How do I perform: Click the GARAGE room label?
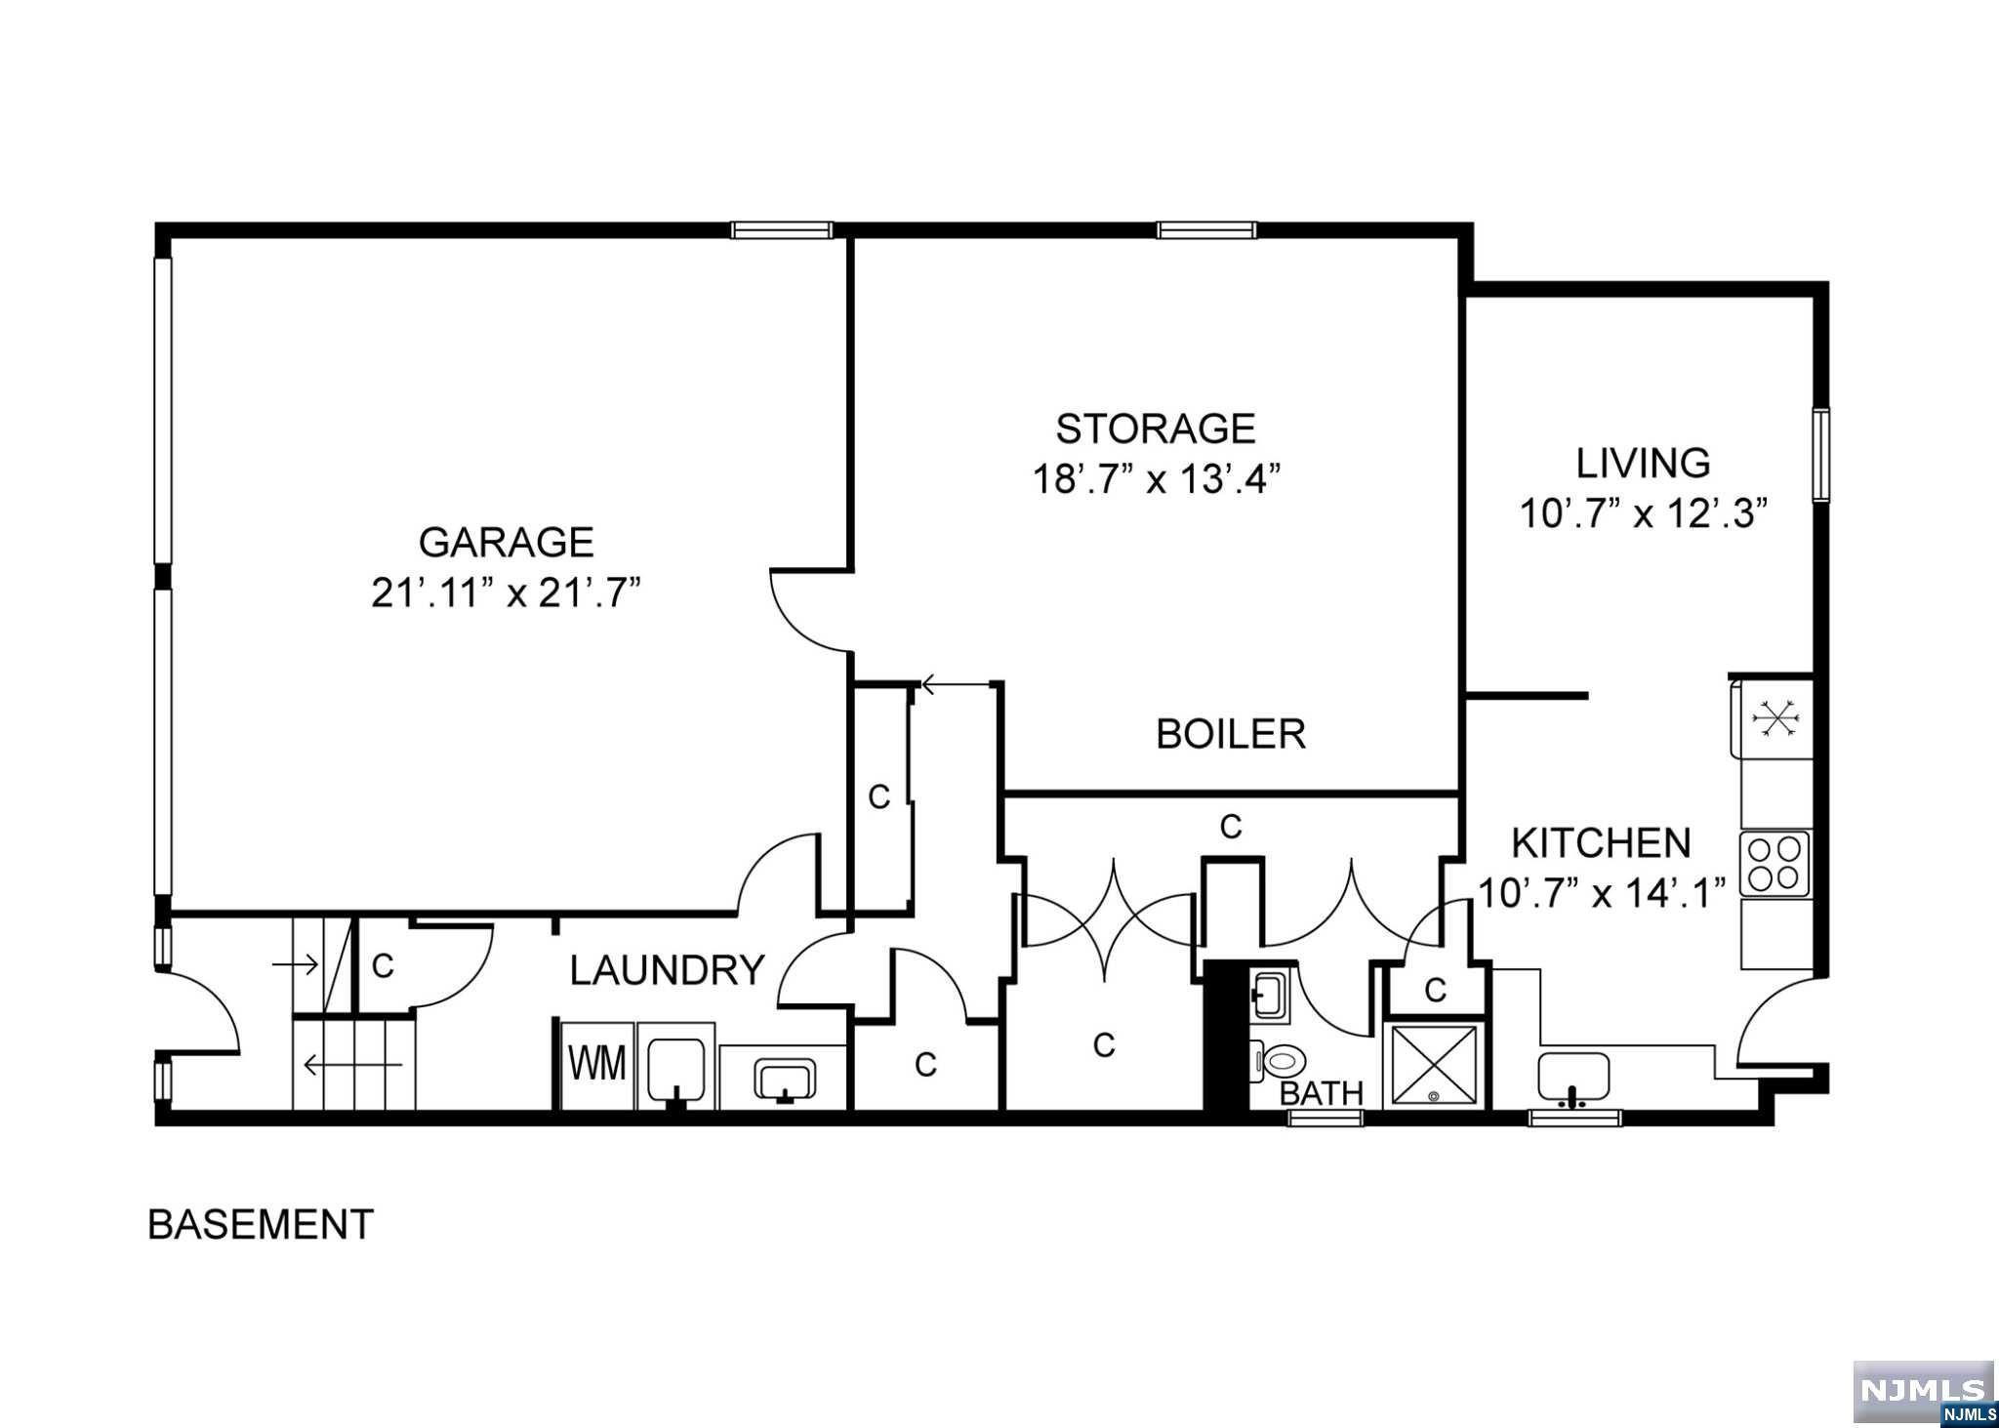[x=506, y=542]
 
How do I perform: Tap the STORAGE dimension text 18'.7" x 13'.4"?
[x=1156, y=479]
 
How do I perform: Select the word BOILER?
[x=1230, y=733]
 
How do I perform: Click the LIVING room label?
[x=1644, y=463]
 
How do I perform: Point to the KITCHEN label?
[x=1601, y=842]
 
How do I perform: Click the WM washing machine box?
[x=597, y=1064]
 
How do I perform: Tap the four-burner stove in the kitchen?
[x=1775, y=864]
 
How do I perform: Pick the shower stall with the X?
[x=1434, y=1065]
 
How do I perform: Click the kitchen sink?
[x=1573, y=1078]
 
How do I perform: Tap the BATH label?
[x=1322, y=1093]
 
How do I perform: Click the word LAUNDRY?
[x=668, y=971]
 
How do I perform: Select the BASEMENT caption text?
[x=261, y=1224]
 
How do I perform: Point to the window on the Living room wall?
[x=1821, y=457]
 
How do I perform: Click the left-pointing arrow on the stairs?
[x=352, y=1064]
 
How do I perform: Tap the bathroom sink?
[x=1271, y=996]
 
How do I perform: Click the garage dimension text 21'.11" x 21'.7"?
[x=506, y=593]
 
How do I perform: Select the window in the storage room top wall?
[x=1207, y=230]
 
